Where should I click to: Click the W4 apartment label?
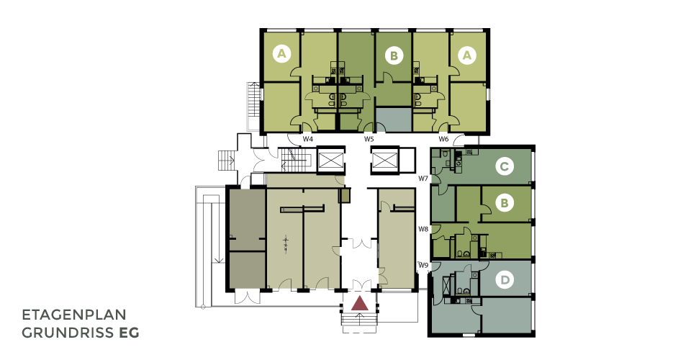[x=307, y=139]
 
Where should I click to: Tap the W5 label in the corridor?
[x=369, y=139]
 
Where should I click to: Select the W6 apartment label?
[x=443, y=139]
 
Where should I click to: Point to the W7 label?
[x=423, y=179]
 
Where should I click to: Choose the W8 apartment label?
[x=423, y=229]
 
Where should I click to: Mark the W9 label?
[x=423, y=265]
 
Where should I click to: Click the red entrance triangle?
[x=360, y=303]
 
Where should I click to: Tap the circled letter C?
[x=504, y=166]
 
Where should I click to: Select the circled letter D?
[x=505, y=280]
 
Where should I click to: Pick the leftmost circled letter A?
[x=281, y=54]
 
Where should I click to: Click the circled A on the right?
[x=467, y=55]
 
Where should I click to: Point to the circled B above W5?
[x=394, y=56]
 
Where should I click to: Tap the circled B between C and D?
[x=505, y=203]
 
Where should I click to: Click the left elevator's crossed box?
[x=330, y=160]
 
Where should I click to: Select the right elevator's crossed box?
[x=384, y=160]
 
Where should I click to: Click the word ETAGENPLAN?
[x=74, y=315]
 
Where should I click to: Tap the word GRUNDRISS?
[x=68, y=333]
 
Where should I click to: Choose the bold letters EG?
[x=129, y=333]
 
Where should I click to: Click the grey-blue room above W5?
[x=393, y=120]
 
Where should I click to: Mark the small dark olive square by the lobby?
[x=344, y=195]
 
